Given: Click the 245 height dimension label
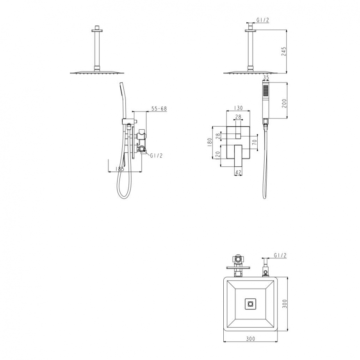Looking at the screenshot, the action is click(284, 52).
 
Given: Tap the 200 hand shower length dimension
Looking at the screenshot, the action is click(284, 103).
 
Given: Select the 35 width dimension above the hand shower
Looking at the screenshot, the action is click(266, 78).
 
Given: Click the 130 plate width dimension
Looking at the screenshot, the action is click(238, 108).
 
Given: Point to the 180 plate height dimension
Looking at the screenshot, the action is click(210, 143).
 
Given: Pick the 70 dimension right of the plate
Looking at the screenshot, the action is click(254, 142).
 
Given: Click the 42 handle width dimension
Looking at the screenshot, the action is click(238, 172).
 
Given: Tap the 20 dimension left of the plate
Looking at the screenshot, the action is click(218, 154).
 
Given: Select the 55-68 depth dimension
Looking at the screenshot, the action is click(159, 109).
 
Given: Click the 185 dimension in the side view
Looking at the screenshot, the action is click(119, 169).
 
